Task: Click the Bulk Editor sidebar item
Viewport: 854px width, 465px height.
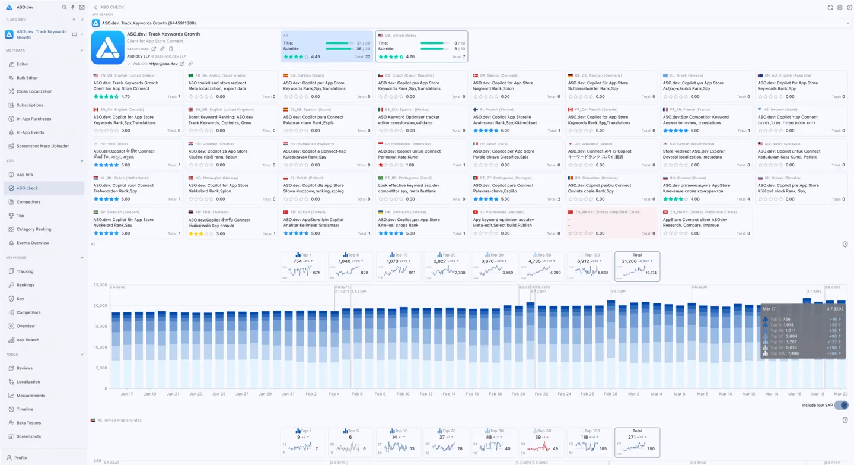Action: (27, 78)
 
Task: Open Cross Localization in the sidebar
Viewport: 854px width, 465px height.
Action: (34, 91)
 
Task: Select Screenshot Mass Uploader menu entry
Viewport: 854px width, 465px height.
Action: (42, 146)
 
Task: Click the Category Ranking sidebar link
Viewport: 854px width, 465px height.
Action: (34, 229)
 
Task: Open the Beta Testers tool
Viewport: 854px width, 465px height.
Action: (28, 423)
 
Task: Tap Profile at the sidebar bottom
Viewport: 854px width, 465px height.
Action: (21, 458)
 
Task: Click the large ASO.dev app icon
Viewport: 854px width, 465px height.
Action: (107, 48)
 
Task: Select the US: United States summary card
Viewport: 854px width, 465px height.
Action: (421, 46)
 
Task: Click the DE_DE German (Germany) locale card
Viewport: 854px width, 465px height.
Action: (610, 86)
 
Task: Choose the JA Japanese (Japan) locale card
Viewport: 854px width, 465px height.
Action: (610, 154)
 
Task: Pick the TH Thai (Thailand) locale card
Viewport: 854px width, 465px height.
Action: (231, 223)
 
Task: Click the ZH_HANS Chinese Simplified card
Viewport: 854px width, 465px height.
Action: (610, 223)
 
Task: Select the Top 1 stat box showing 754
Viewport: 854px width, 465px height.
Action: (303, 266)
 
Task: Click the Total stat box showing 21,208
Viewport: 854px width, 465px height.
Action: (637, 266)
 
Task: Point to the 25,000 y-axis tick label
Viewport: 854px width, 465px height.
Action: (99, 285)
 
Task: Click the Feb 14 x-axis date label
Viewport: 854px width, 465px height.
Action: (449, 394)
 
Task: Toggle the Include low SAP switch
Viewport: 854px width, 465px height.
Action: (841, 405)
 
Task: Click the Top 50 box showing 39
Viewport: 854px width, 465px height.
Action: (541, 442)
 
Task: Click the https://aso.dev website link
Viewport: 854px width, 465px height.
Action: (162, 64)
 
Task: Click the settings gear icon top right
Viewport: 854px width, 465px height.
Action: (840, 8)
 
